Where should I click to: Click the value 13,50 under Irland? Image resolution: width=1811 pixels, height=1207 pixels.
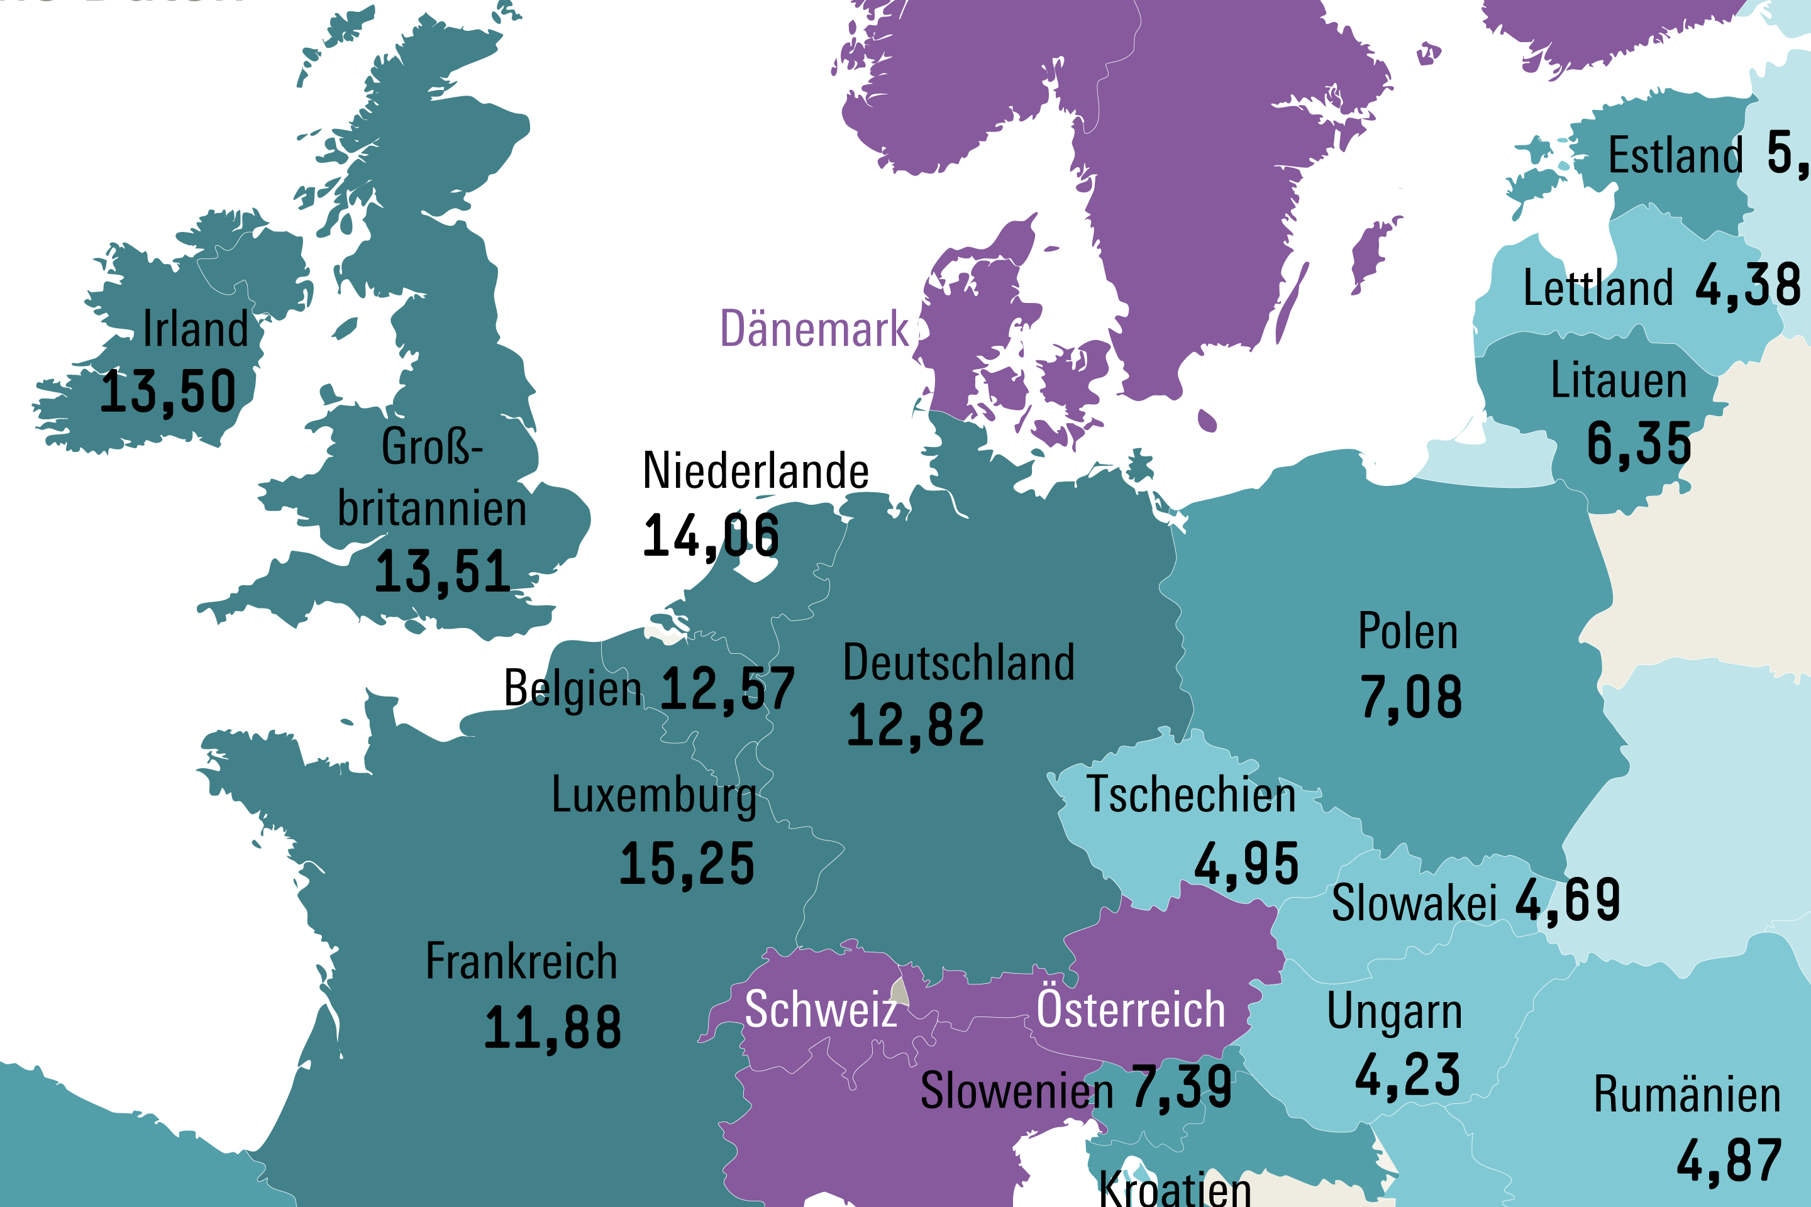point(168,392)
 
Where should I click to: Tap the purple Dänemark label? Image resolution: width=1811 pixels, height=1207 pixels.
point(814,329)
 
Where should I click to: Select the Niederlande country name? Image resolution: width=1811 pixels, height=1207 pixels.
point(755,470)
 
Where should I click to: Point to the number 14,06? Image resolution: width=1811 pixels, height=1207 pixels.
point(711,536)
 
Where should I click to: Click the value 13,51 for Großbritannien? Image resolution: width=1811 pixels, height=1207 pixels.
point(442,572)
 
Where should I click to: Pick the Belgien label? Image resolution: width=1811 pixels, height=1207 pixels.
point(572,688)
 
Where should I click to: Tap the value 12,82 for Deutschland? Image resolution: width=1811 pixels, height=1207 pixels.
point(915,726)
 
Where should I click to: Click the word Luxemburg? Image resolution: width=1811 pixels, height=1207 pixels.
point(654,795)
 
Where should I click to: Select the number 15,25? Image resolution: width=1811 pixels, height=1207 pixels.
point(687,864)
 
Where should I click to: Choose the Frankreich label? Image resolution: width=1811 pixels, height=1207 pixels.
point(521,962)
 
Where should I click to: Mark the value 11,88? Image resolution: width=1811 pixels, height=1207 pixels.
point(552,1028)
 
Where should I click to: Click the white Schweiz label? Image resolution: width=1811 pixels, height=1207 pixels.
point(821,1009)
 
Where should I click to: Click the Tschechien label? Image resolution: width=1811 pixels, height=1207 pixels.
point(1190,795)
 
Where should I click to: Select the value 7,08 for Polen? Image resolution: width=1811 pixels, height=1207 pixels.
point(1410,697)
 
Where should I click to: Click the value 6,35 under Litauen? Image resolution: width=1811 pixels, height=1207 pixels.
point(1639,444)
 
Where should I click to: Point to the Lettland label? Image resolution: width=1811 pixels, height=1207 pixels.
point(1598,289)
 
